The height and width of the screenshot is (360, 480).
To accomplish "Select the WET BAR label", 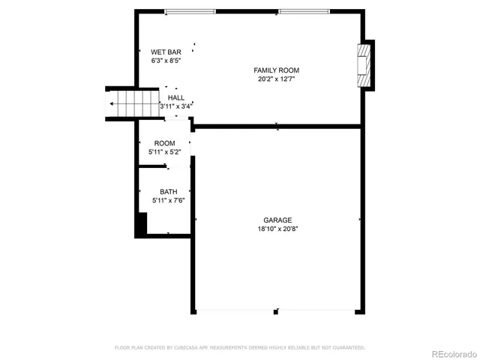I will click(166, 52).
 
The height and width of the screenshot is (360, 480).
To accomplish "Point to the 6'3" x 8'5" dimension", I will click(166, 61).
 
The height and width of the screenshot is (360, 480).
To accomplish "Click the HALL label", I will click(176, 97).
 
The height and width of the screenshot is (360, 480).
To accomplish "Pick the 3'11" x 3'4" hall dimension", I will click(176, 106).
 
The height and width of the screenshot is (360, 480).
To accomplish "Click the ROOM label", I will click(165, 143).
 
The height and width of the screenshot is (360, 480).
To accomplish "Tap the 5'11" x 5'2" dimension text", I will click(165, 152).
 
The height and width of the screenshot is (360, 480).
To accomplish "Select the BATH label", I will click(168, 191).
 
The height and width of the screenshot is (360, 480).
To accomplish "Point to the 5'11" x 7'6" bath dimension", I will click(168, 200).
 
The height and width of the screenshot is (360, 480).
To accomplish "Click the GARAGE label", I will click(277, 220).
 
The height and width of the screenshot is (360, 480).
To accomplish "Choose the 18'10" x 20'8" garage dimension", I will click(277, 229).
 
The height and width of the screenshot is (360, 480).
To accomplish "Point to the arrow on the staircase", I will click(112, 103).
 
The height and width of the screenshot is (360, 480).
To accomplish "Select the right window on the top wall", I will click(303, 11).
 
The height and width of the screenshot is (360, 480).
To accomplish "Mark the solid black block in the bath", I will click(140, 223).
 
